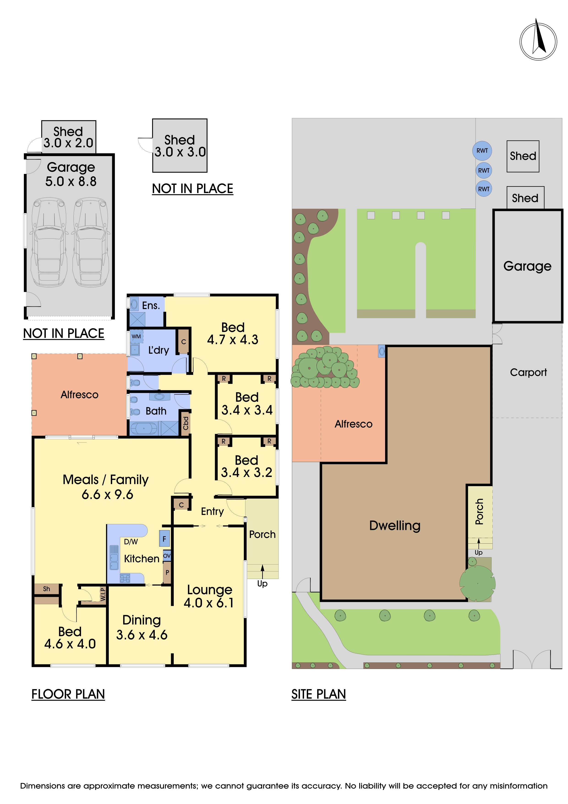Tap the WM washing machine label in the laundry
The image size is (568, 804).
pyautogui.click(x=136, y=336)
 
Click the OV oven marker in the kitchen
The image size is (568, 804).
pyautogui.click(x=167, y=556)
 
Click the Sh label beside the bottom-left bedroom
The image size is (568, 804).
pyautogui.click(x=46, y=589)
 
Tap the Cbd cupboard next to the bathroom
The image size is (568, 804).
pyautogui.click(x=185, y=423)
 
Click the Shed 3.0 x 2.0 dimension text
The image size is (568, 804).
pyautogui.click(x=68, y=143)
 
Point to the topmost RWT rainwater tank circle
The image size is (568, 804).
pyautogui.click(x=482, y=151)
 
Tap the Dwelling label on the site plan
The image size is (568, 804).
pyautogui.click(x=395, y=526)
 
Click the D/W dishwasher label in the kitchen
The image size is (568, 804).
pyautogui.click(x=131, y=542)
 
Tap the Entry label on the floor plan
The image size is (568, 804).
pyautogui.click(x=212, y=512)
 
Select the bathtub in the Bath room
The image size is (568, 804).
pyautogui.click(x=144, y=429)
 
